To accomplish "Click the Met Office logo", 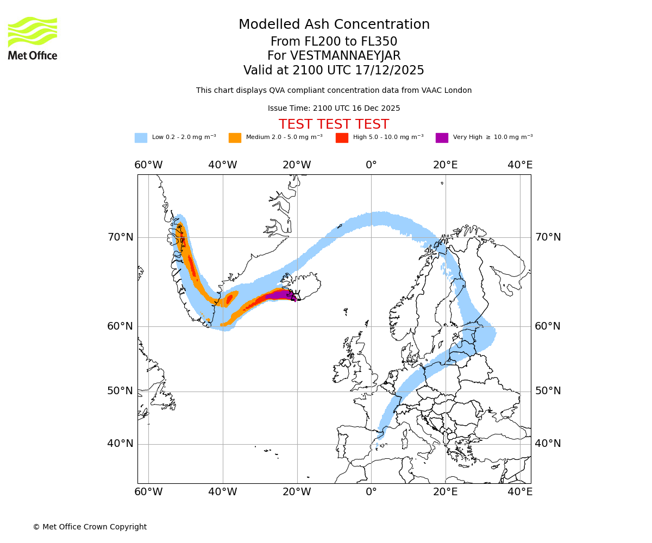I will click(x=33, y=38).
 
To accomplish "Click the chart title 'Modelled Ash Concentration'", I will click(x=334, y=25).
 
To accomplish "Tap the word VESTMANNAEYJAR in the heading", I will click(x=345, y=56).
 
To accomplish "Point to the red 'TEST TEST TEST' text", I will click(x=334, y=124).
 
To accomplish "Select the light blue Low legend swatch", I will click(x=141, y=138).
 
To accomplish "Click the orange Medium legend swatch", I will click(x=235, y=138).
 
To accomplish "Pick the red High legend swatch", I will click(x=342, y=138).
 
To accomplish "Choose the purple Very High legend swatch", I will click(x=442, y=138).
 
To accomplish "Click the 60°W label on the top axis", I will click(x=148, y=165).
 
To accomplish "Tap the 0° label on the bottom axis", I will click(x=371, y=492).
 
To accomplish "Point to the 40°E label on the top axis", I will click(x=520, y=165).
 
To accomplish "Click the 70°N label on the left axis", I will click(x=120, y=237).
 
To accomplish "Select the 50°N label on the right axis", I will click(x=548, y=391).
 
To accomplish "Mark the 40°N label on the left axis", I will click(x=120, y=444).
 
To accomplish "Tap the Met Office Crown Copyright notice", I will click(x=90, y=527).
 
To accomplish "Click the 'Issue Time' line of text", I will click(x=334, y=109).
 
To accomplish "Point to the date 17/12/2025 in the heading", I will click(x=390, y=71).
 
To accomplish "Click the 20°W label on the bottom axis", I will click(x=297, y=492).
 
